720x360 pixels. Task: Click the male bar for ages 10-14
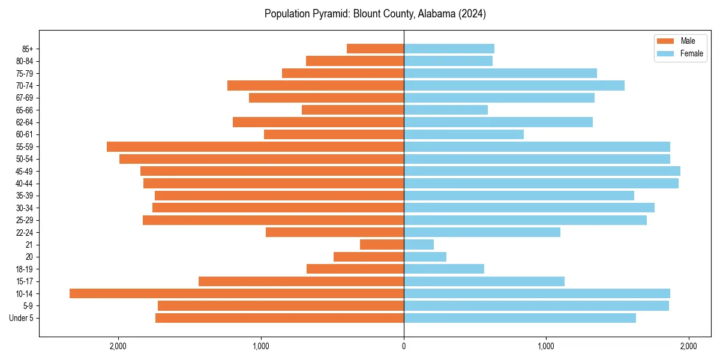click(236, 293)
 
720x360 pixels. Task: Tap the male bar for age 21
click(382, 245)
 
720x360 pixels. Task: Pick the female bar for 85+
click(449, 49)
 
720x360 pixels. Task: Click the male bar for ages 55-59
click(255, 146)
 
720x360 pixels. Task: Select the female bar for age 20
click(425, 257)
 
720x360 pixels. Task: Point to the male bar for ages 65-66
click(353, 110)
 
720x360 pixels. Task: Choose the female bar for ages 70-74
click(514, 85)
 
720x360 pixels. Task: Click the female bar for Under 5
click(520, 318)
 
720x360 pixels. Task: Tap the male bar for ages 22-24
click(335, 232)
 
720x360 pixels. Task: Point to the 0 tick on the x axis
click(404, 346)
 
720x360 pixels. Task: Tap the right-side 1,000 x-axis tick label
click(546, 346)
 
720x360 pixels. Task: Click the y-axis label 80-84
click(24, 61)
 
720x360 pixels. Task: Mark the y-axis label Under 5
click(22, 318)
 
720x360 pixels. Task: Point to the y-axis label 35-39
click(24, 196)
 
